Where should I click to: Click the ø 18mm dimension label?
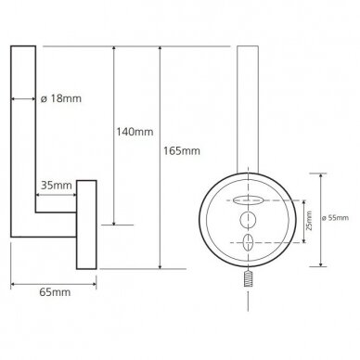coord(61,98)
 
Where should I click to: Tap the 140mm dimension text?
coord(135,132)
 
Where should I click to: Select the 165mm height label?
coord(182,151)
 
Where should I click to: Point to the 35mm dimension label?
coord(57,186)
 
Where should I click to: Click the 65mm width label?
coord(55,292)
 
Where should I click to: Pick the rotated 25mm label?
coord(309,221)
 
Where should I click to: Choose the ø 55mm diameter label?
coord(335,218)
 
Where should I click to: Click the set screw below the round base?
coord(248,278)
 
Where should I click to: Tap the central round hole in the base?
coord(248,220)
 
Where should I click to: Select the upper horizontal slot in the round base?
coord(248,200)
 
